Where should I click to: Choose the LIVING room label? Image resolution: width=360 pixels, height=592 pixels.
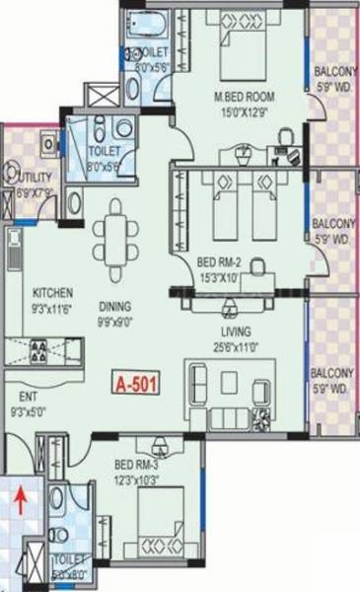236,331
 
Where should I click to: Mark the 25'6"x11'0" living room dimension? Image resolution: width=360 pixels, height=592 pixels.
236,345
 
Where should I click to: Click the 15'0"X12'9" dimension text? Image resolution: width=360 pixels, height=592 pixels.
244,111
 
